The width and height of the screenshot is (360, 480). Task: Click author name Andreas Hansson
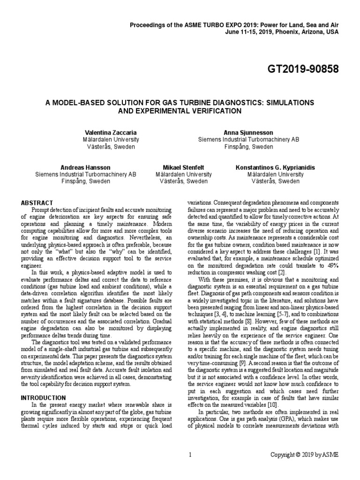pos(86,167)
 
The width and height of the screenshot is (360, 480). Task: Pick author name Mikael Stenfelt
pos(184,167)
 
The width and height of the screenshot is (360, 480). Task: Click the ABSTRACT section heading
pos(37,202)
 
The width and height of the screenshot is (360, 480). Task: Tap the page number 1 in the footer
pos(190,455)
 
